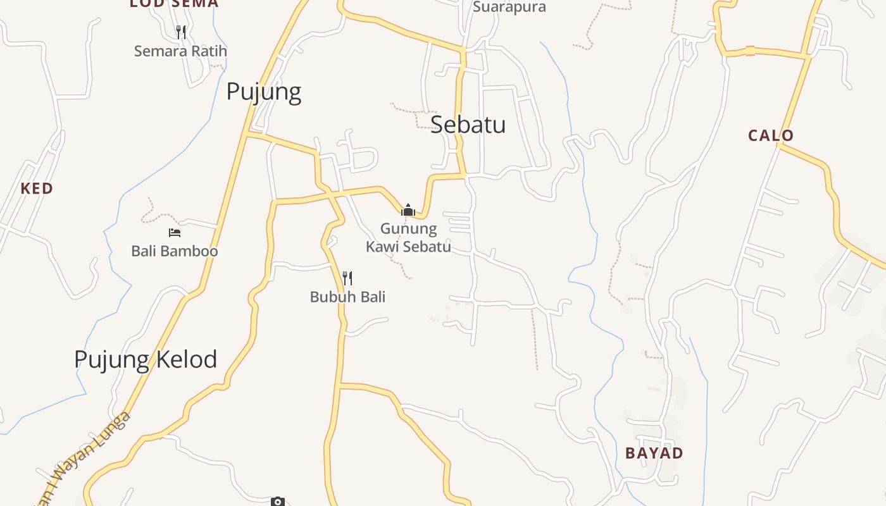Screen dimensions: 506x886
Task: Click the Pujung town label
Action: pyautogui.click(x=263, y=92)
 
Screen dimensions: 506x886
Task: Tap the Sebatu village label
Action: pyautogui.click(x=468, y=125)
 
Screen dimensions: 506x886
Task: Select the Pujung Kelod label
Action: pyautogui.click(x=146, y=359)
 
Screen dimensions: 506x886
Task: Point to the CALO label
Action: pyautogui.click(x=770, y=135)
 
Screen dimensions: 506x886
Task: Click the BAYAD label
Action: pyautogui.click(x=654, y=453)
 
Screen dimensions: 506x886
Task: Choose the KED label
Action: pyautogui.click(x=37, y=188)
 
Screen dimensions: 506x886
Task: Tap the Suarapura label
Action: pyautogui.click(x=509, y=7)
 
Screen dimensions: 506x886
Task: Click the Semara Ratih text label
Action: pyautogui.click(x=180, y=51)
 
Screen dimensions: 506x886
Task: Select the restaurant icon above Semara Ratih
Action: pyautogui.click(x=181, y=32)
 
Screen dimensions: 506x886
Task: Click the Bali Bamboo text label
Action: pyautogui.click(x=175, y=251)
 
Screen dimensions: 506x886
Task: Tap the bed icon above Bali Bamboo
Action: pyautogui.click(x=175, y=233)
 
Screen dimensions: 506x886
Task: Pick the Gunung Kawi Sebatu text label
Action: pyautogui.click(x=409, y=237)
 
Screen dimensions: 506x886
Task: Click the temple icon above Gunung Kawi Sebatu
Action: pyautogui.click(x=409, y=210)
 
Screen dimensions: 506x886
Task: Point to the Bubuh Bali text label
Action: pyautogui.click(x=347, y=297)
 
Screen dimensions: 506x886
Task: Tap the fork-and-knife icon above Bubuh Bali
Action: pyautogui.click(x=347, y=278)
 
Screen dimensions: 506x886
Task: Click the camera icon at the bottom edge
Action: pyautogui.click(x=277, y=502)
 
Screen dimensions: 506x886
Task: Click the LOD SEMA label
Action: pyautogui.click(x=174, y=4)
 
